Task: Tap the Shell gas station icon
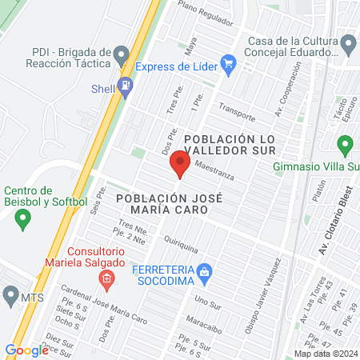pyautogui.click(x=125, y=86)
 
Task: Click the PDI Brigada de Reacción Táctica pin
pyautogui.click(x=122, y=56)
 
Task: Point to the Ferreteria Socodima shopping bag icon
pyautogui.click(x=205, y=272)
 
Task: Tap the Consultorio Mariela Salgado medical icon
pyautogui.click(x=106, y=278)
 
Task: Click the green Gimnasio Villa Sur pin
pyautogui.click(x=346, y=146)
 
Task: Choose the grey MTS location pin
pyautogui.click(x=10, y=297)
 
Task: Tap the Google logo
pyautogui.click(x=26, y=350)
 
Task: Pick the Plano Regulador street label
pyautogui.click(x=210, y=10)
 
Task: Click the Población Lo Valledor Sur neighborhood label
pyautogui.click(x=230, y=146)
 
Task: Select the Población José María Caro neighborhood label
pyautogui.click(x=162, y=203)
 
